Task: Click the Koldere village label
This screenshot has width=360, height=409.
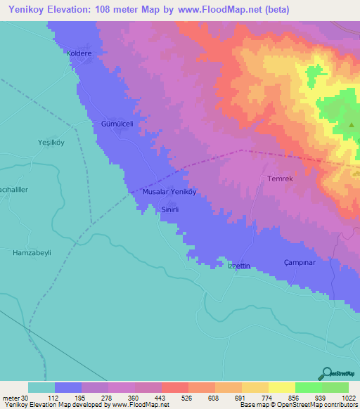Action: coord(79,53)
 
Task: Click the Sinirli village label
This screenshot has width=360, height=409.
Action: coord(172,209)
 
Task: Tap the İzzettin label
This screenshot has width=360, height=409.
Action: coord(238,266)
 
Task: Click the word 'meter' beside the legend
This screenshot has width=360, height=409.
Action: coord(11,398)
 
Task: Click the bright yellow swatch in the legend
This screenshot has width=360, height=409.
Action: coord(281,387)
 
